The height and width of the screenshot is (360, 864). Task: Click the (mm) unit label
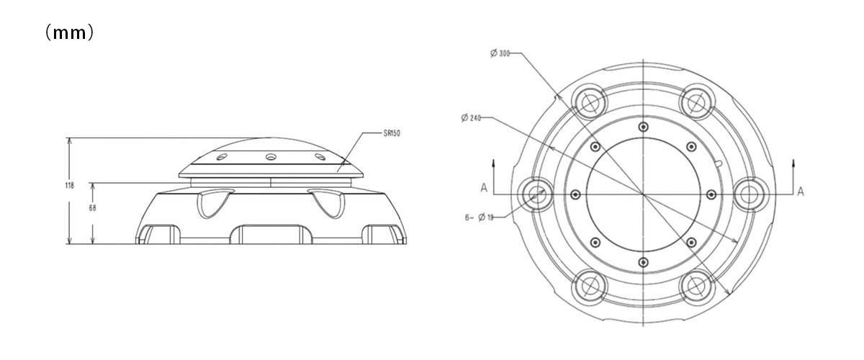[69, 33]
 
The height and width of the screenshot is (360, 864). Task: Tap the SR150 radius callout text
[392, 133]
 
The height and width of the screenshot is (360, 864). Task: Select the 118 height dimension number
[69, 186]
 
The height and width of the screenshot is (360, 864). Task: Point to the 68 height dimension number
[93, 208]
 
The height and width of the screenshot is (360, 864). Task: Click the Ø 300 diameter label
[500, 53]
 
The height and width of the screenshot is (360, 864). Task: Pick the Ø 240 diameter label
[471, 117]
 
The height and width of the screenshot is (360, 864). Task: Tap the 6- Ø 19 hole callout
[479, 217]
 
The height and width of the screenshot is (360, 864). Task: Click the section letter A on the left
[484, 188]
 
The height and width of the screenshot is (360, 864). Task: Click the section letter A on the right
[801, 192]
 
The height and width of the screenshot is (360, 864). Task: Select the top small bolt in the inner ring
[643, 127]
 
